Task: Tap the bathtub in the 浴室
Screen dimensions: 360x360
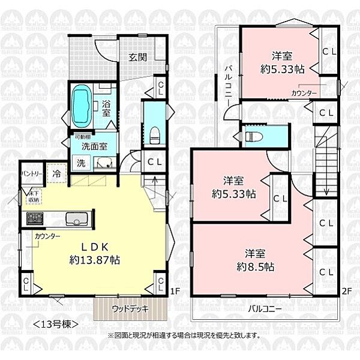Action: pyautogui.click(x=82, y=104)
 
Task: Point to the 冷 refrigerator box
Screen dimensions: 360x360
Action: pyautogui.click(x=56, y=173)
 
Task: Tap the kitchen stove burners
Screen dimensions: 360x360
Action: pyautogui.click(x=34, y=217)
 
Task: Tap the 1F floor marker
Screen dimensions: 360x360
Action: pyautogui.click(x=174, y=292)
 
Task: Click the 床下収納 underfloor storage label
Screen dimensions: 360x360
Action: pyautogui.click(x=34, y=196)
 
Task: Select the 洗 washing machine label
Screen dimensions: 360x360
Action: pyautogui.click(x=80, y=162)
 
